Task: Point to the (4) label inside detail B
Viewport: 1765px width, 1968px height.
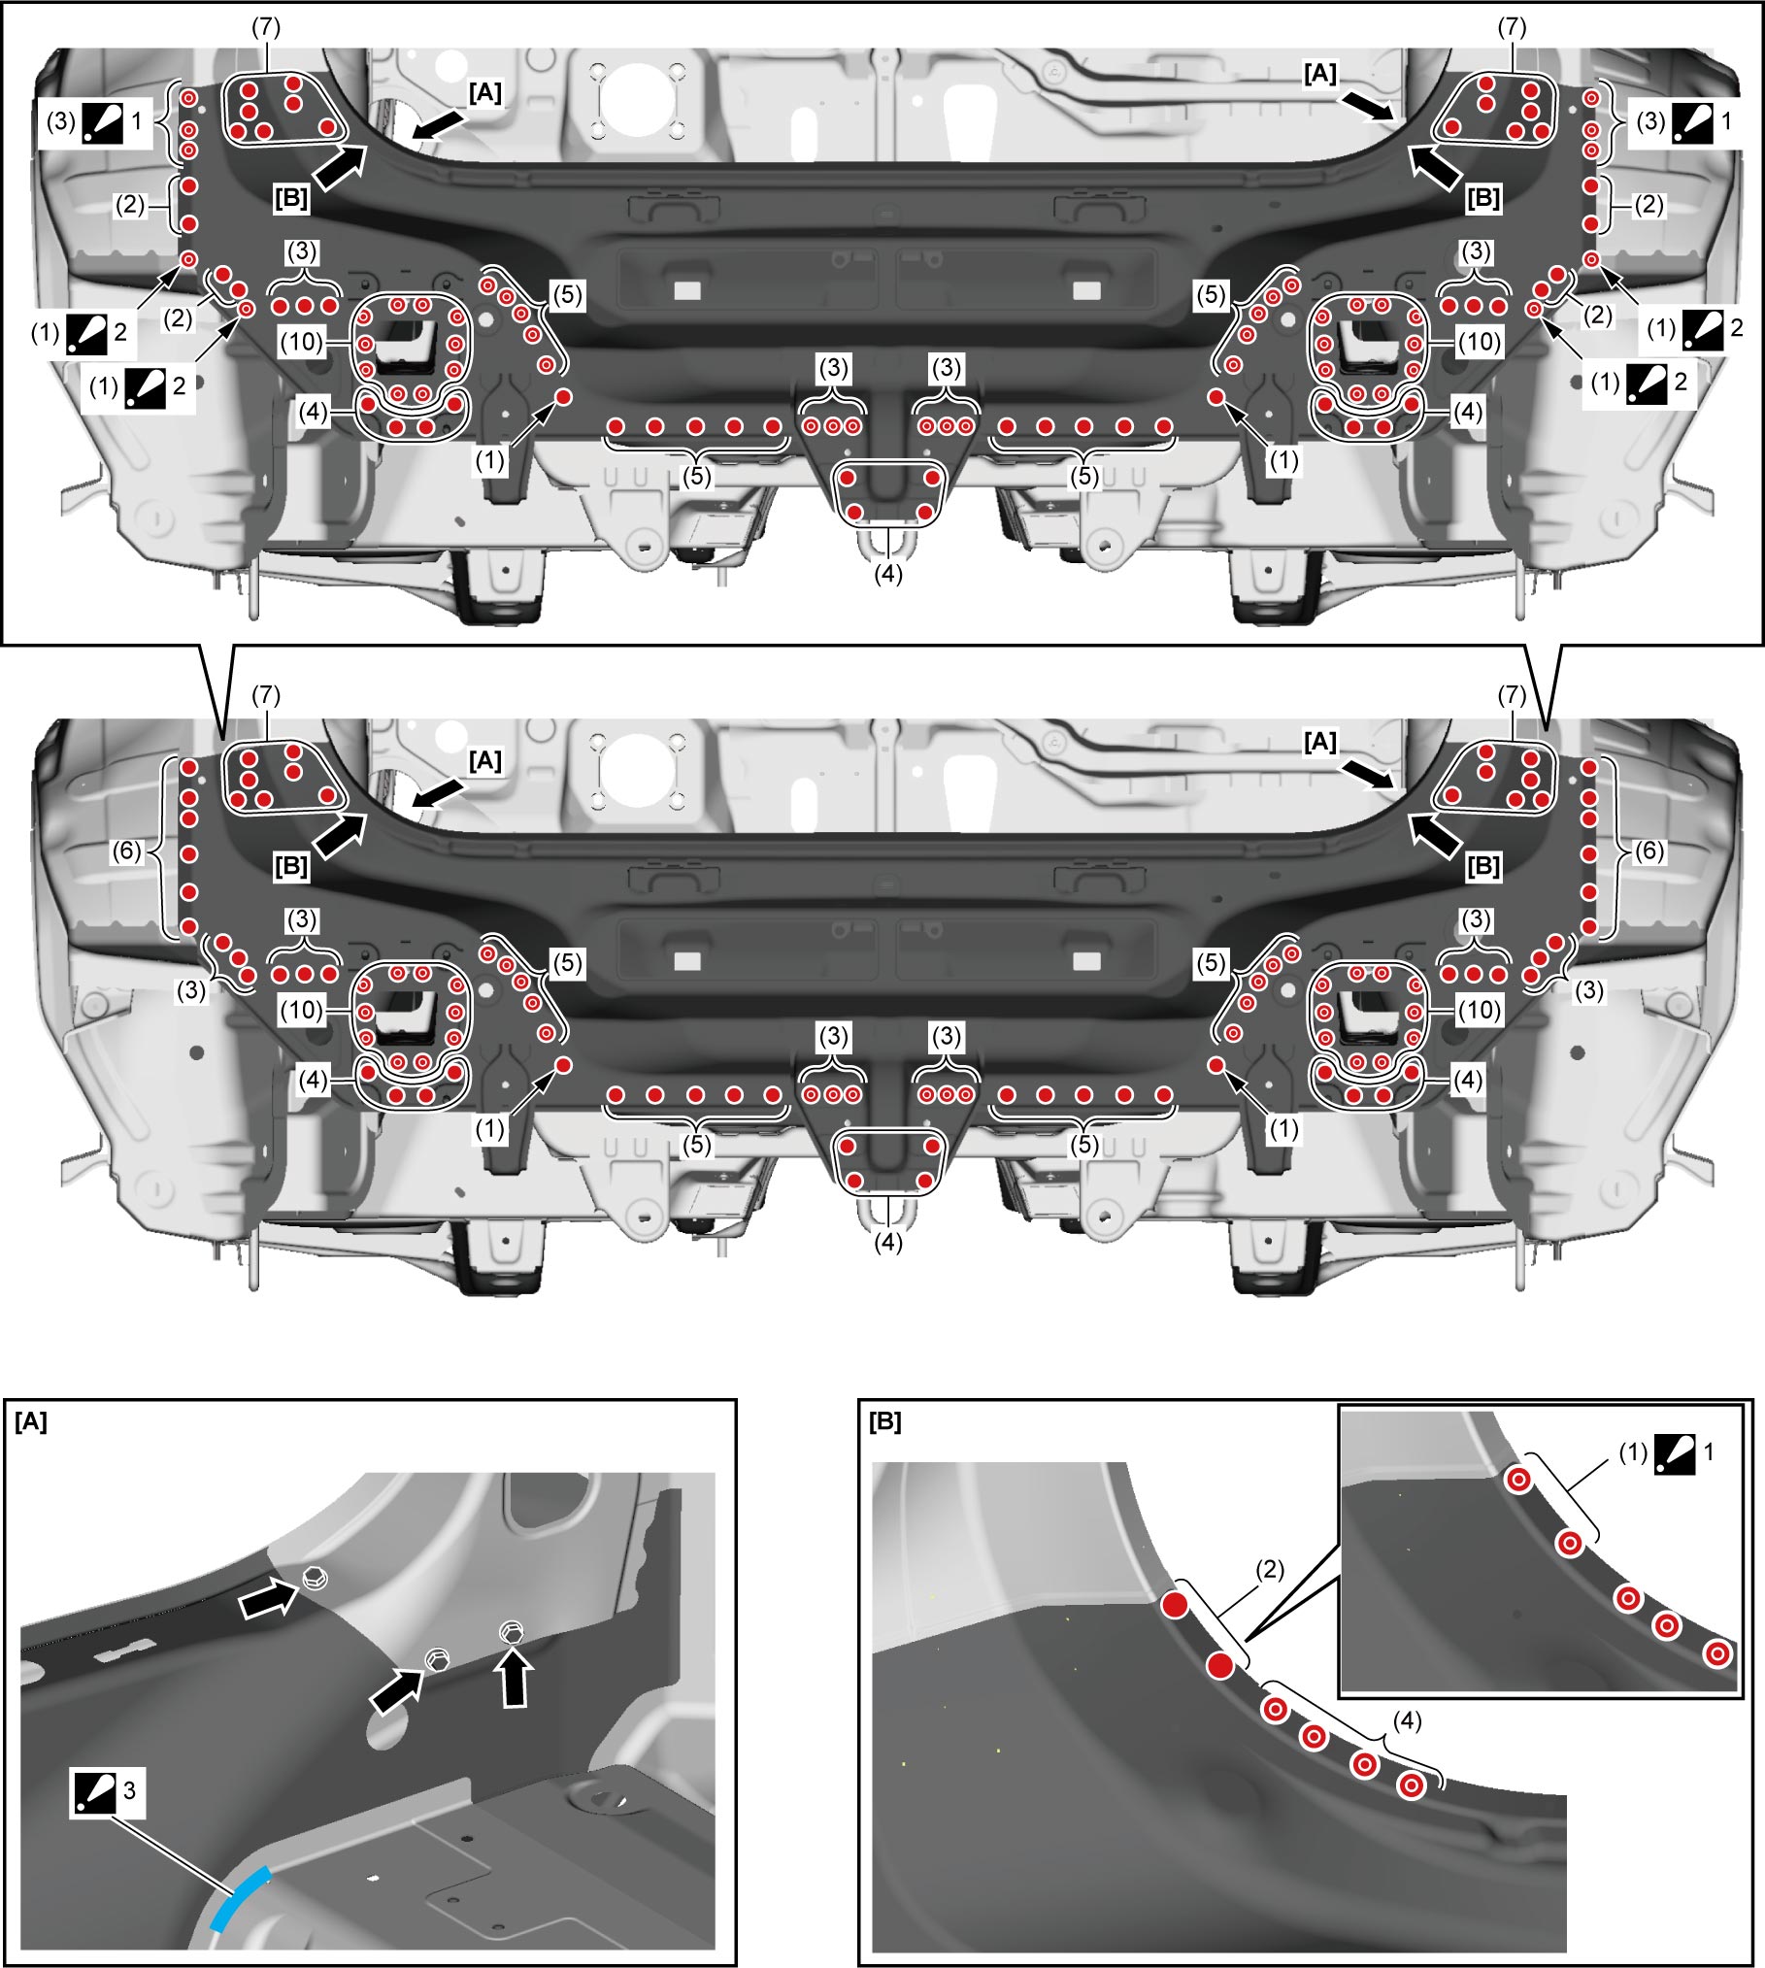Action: click(1407, 1720)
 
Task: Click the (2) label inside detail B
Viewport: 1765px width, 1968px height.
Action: click(1270, 1569)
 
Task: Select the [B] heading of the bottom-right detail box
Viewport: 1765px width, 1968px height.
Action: click(885, 1422)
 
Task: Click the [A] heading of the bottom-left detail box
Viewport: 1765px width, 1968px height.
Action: click(31, 1422)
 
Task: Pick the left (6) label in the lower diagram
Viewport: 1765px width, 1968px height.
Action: click(127, 851)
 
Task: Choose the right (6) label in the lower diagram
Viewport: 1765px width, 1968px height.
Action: click(1649, 851)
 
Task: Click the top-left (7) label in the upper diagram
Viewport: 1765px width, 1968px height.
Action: click(266, 27)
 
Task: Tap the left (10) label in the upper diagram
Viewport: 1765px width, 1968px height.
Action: click(302, 342)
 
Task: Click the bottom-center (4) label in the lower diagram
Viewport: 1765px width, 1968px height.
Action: click(888, 1242)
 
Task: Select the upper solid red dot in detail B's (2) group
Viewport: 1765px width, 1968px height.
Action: click(1175, 1604)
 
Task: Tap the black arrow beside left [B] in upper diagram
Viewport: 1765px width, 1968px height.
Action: click(340, 165)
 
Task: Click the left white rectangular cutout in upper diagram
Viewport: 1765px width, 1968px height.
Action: click(686, 290)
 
